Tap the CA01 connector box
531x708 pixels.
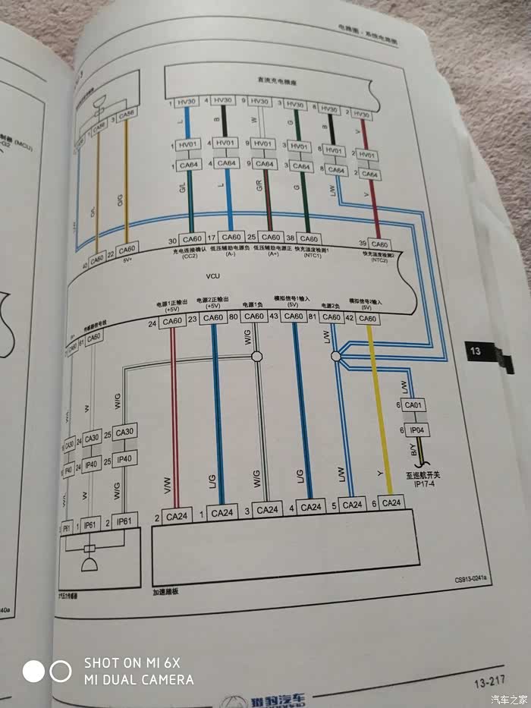pos(414,407)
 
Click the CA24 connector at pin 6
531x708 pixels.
pos(392,503)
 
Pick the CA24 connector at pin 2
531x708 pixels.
pos(177,517)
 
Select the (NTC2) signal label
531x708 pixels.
pos(378,260)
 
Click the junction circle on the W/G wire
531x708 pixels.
pos(256,357)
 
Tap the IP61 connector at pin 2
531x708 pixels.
pos(124,524)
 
